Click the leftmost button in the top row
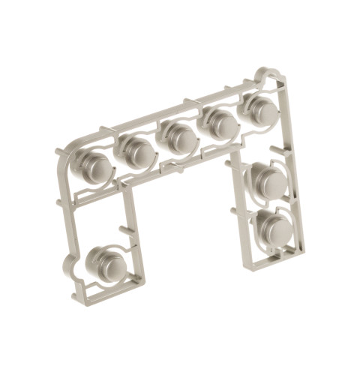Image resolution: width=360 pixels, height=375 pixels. (93, 162)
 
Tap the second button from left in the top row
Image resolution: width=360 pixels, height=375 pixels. (136, 149)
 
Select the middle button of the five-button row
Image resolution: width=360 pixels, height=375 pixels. (178, 136)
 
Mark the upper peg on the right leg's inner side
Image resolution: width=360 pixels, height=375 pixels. (230, 160)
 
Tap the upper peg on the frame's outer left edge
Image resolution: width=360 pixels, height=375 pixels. (59, 153)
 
